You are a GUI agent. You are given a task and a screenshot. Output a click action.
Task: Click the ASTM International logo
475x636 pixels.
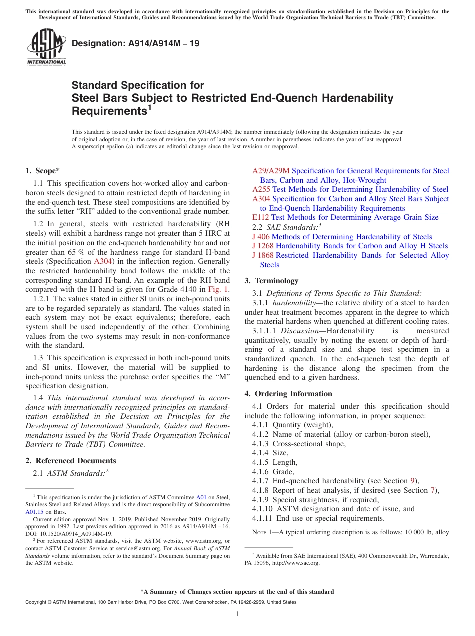[x=46, y=46]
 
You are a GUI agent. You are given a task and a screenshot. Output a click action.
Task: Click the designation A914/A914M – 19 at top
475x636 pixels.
[x=135, y=44]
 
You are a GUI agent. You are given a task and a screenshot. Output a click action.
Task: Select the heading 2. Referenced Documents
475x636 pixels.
[x=71, y=461]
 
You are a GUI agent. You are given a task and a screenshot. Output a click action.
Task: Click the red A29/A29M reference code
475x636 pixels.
[x=271, y=171]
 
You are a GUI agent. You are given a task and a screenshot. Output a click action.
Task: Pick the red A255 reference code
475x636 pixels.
[x=261, y=189]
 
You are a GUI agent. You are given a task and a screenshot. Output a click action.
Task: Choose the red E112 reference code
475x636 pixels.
[x=260, y=217]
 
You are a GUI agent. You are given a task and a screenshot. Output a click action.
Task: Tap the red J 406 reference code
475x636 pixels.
[x=261, y=237]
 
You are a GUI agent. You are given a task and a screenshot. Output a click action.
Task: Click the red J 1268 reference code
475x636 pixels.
[x=263, y=246]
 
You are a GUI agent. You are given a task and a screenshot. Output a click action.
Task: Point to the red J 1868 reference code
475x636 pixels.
[x=263, y=255]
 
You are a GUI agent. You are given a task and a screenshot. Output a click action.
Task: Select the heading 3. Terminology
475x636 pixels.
[x=271, y=281]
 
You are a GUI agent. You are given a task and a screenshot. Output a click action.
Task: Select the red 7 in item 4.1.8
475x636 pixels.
[x=433, y=490]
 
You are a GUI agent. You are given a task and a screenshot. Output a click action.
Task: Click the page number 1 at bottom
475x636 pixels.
[x=237, y=614]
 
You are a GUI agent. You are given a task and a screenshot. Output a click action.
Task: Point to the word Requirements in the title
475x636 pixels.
[x=107, y=110]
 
